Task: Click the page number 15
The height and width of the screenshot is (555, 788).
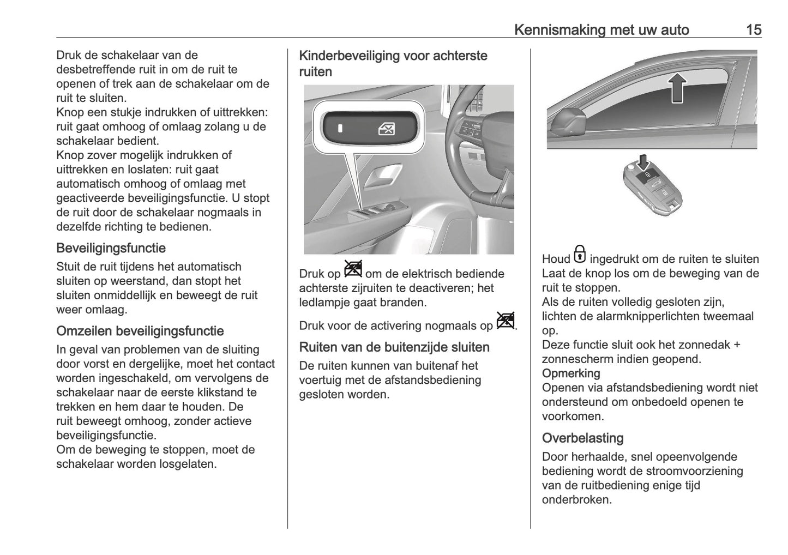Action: pos(753,29)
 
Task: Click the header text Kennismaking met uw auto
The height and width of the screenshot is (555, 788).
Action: pos(601,29)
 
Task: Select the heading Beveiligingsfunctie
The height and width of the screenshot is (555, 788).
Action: pos(111,248)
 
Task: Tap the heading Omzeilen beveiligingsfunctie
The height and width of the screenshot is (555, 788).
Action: pos(140,331)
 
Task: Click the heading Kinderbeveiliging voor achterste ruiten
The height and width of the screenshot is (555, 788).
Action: pos(393,63)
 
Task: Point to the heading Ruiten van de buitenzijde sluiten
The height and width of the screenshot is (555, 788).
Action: pos(394,347)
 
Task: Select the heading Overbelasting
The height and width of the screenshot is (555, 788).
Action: pos(582,438)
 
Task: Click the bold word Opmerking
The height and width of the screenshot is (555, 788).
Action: pos(570,373)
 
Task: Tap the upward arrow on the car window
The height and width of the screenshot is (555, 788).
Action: pos(676,88)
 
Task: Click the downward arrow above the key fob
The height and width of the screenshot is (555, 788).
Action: pos(644,161)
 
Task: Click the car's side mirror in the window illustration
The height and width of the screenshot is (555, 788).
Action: pos(568,124)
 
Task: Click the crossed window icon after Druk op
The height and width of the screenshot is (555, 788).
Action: pos(353,269)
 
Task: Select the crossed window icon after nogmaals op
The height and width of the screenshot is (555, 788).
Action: pos(506,321)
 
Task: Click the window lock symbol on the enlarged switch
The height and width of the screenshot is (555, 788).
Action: pos(386,129)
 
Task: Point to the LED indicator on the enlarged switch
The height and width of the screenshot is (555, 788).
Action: pos(340,129)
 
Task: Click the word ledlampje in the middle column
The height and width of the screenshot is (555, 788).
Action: pos(325,302)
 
